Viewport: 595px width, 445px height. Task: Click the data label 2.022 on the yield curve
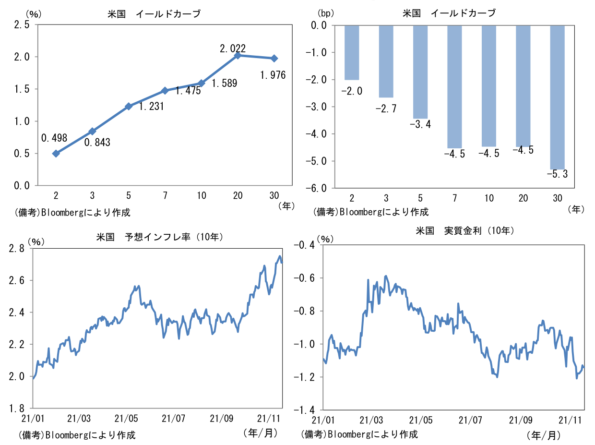233,48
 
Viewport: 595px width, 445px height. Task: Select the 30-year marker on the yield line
274,58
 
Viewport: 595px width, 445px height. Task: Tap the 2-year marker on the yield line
56,154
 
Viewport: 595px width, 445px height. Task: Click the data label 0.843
97,142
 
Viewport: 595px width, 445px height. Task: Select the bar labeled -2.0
352,52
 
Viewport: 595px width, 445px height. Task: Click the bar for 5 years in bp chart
420,72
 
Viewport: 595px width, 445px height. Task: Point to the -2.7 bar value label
385,109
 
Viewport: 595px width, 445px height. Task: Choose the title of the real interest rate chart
465,231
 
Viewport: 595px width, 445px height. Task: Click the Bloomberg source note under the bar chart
371,211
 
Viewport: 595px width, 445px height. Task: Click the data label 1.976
273,75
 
